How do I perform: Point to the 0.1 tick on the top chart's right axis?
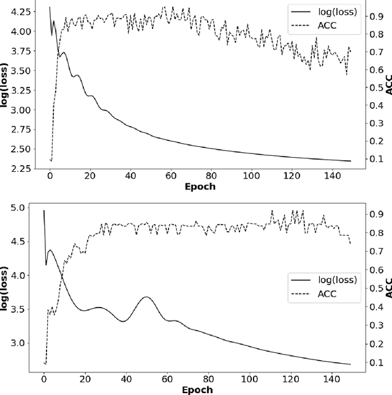[373, 159]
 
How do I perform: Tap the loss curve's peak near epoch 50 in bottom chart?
[145, 297]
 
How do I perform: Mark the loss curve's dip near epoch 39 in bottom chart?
[123, 321]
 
